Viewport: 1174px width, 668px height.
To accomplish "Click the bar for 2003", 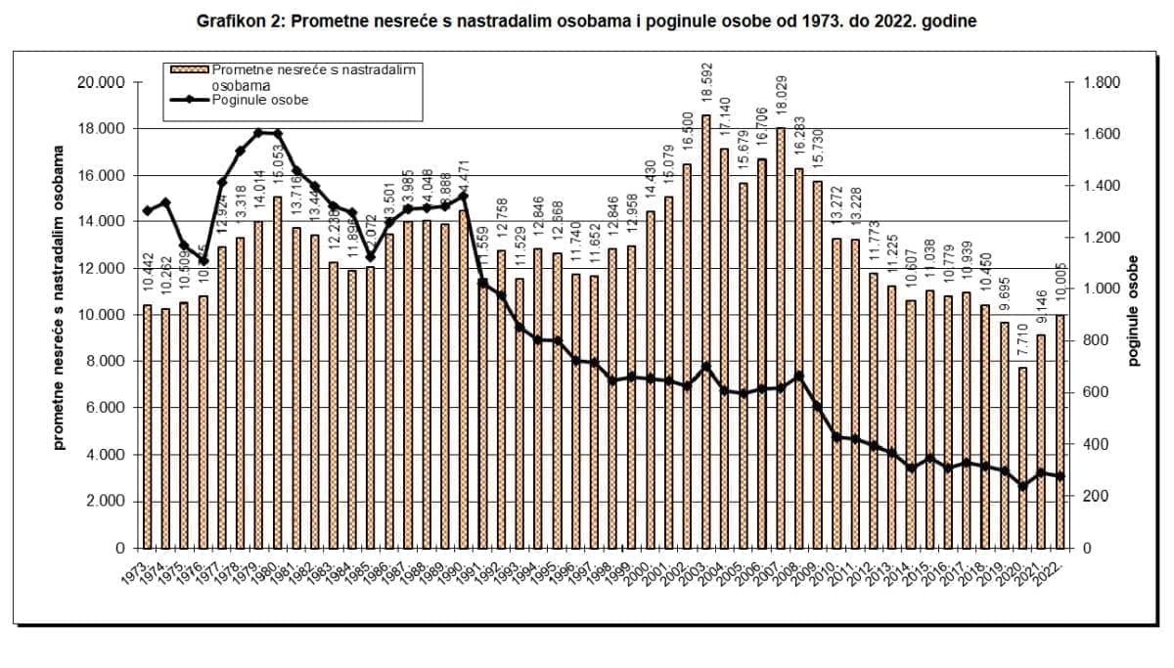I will click(x=705, y=333).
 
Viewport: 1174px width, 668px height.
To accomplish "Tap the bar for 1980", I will click(x=278, y=373).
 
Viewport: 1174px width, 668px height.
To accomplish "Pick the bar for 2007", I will click(x=780, y=338).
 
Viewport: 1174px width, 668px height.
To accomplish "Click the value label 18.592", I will click(x=706, y=87).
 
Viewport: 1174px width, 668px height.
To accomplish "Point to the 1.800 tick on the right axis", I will click(x=1103, y=82).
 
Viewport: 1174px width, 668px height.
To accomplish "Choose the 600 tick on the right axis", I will click(x=1096, y=393).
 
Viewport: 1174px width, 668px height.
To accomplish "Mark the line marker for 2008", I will click(x=798, y=376).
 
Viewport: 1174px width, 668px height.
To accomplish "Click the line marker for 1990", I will click(x=464, y=196).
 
